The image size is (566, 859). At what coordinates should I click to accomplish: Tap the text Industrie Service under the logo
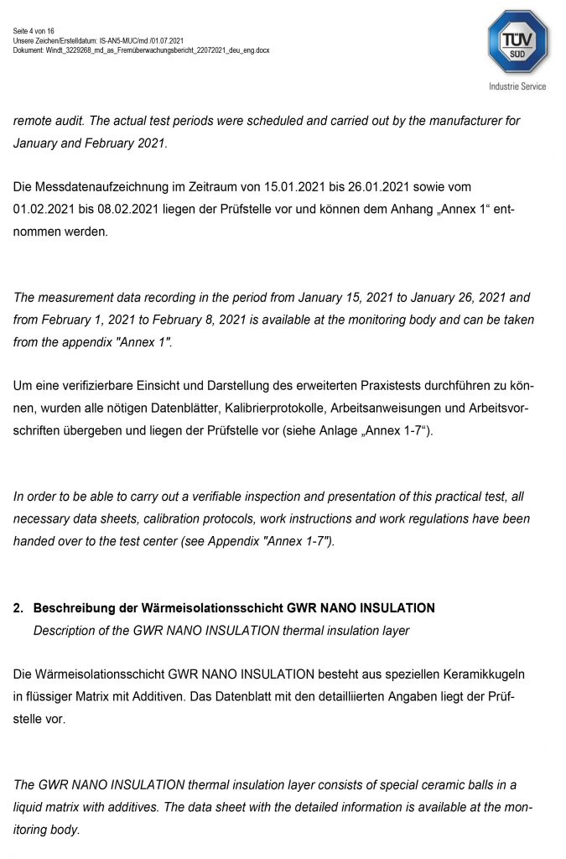click(517, 86)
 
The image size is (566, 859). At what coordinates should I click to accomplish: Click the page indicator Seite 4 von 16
click(34, 31)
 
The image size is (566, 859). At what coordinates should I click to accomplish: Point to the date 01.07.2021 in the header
click(167, 40)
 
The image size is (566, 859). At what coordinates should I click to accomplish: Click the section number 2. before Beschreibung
click(18, 607)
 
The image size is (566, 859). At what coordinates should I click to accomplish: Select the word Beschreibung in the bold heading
click(75, 607)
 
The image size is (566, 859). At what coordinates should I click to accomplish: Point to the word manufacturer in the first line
click(451, 121)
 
